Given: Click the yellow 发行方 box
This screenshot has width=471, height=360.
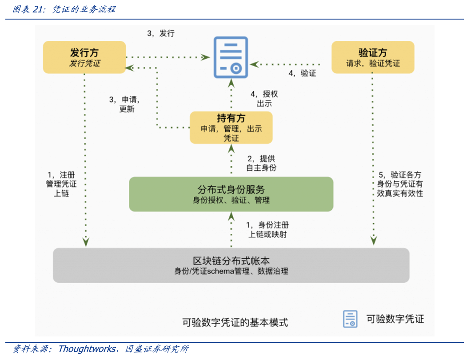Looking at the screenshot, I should (84, 57).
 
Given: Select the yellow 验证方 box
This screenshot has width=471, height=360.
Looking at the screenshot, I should (373, 57).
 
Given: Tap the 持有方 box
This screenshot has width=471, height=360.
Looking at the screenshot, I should (231, 128).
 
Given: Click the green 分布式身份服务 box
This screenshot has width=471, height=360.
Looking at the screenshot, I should (231, 194).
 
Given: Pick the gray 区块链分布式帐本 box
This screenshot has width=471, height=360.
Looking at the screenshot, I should (231, 265).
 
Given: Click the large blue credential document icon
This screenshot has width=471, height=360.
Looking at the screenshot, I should (231, 57).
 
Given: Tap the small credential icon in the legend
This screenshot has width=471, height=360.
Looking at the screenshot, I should (350, 319).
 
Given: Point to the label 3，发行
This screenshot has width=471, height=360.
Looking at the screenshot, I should (161, 33).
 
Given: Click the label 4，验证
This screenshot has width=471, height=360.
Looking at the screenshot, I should (302, 73).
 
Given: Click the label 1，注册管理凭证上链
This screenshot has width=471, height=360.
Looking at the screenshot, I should (61, 184).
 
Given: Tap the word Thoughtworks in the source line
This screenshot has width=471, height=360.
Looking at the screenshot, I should (87, 349).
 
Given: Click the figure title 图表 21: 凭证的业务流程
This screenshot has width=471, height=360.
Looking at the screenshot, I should (64, 9).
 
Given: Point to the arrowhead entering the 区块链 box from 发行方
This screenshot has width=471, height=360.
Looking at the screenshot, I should (86, 242).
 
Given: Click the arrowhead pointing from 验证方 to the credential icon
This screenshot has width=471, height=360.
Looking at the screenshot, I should (255, 64).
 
